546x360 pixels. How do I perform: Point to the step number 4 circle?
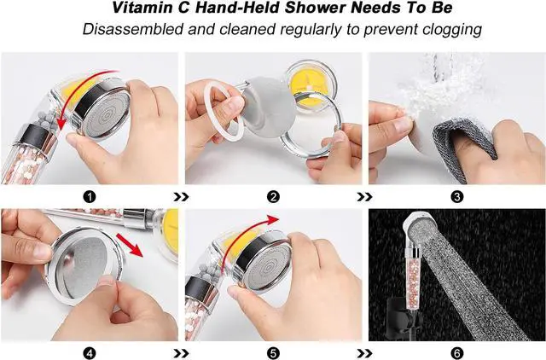pyautogui.click(x=90, y=351)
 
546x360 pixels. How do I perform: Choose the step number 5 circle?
pyautogui.click(x=273, y=351)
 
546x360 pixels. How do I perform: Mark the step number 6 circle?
pyautogui.click(x=457, y=351)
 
